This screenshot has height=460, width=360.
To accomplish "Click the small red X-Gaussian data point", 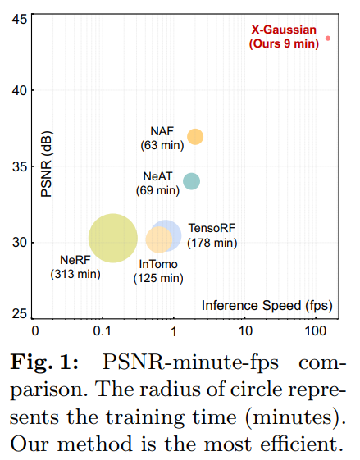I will click(328, 38).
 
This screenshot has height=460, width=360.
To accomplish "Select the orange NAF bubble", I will click(195, 137).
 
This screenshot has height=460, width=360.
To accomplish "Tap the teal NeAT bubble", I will click(191, 181).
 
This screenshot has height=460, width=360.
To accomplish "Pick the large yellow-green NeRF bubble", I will click(112, 239).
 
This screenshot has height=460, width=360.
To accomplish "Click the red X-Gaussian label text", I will click(284, 37).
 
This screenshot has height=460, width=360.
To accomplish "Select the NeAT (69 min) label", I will click(157, 183).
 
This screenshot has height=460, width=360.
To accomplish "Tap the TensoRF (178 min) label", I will click(212, 235).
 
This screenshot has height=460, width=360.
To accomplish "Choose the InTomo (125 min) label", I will click(158, 271).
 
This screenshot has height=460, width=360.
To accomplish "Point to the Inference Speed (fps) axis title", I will click(267, 306).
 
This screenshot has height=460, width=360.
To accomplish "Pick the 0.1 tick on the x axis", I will click(103, 331).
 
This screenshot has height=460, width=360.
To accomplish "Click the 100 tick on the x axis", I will click(315, 331).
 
